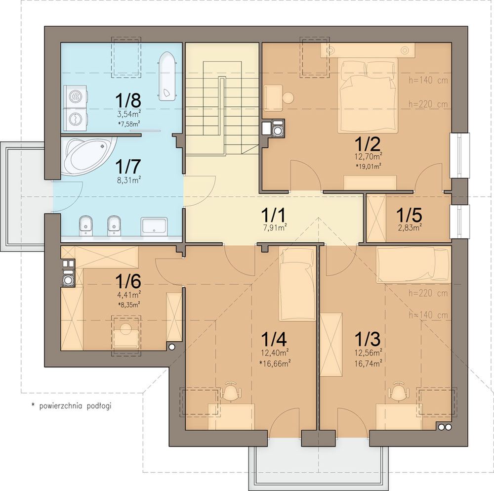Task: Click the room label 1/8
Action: (x=128, y=100)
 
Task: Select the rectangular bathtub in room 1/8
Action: (x=166, y=77)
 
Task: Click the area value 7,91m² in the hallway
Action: (x=275, y=227)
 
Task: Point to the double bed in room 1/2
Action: (x=368, y=96)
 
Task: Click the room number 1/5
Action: (x=409, y=215)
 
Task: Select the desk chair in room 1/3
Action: (x=399, y=391)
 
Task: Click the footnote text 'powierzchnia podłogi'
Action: (x=75, y=406)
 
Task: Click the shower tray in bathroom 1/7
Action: (x=154, y=226)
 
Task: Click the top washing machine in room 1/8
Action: (x=76, y=96)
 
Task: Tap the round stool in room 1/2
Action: (x=288, y=97)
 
